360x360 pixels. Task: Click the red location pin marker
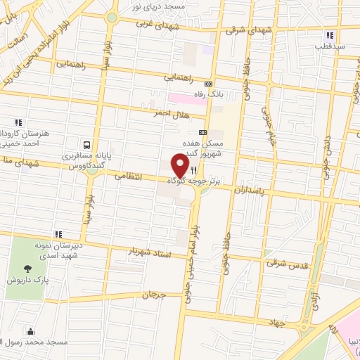(x=181, y=166)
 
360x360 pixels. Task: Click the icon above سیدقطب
(x=329, y=35)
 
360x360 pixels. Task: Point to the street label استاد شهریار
(x=150, y=250)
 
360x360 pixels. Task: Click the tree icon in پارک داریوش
(x=27, y=269)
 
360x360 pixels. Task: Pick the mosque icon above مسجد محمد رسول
(x=31, y=331)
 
